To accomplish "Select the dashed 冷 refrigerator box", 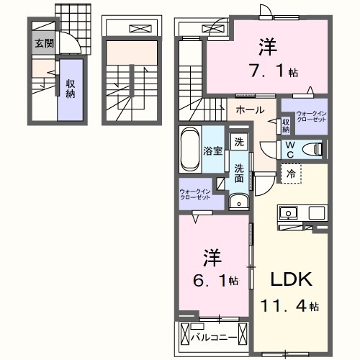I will [x=290, y=174].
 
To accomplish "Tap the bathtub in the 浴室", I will [x=189, y=150].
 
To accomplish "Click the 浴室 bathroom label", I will [x=213, y=151].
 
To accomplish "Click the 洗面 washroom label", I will [x=238, y=174].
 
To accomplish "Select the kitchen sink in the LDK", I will [x=289, y=213].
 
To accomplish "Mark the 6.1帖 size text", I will [x=214, y=281].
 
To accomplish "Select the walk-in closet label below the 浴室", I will [x=195, y=194].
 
